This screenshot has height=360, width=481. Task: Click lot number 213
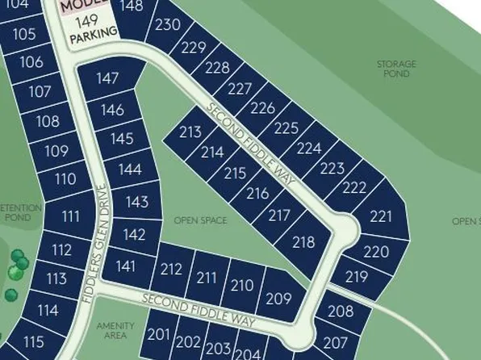coord(190,132)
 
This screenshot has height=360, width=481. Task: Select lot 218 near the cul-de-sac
coord(303,242)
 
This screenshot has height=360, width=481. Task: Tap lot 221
coord(380,216)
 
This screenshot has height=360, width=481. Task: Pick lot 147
coord(107,79)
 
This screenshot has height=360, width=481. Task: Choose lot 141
coord(126,266)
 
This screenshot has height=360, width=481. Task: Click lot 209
coord(278,299)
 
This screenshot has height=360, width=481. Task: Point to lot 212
coord(171,270)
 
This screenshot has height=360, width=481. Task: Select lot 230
coord(168,25)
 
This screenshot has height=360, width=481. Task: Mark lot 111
coord(71,216)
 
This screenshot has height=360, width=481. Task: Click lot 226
coord(263,108)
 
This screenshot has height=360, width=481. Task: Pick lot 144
coord(129,170)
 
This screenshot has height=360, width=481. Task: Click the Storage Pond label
coord(397,69)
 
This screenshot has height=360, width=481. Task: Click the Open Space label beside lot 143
coord(200,220)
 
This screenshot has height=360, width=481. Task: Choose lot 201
coord(160,334)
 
